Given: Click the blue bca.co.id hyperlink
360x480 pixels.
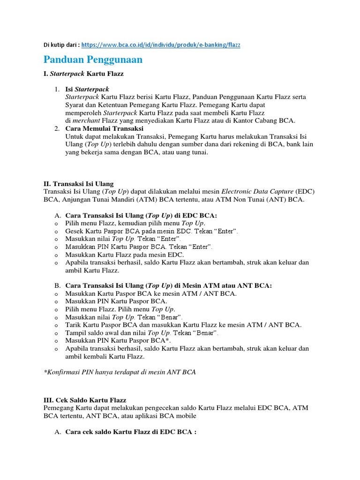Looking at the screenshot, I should click(161, 45).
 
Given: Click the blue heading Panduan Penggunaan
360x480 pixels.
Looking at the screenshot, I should click(93, 60).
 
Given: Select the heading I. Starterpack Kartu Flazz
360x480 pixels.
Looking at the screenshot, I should click(84, 75).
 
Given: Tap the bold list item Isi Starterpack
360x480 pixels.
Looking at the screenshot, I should click(87, 89).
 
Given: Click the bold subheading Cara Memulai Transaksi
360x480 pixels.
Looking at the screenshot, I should click(104, 128).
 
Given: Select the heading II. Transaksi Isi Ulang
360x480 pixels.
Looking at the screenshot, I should click(78, 184).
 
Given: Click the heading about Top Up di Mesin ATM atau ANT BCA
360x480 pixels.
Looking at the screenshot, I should click(168, 285).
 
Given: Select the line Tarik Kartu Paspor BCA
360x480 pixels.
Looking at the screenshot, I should click(183, 325).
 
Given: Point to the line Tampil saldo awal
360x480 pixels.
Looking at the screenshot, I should click(142, 333).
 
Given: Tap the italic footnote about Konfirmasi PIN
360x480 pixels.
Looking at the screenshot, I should click(120, 372).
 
